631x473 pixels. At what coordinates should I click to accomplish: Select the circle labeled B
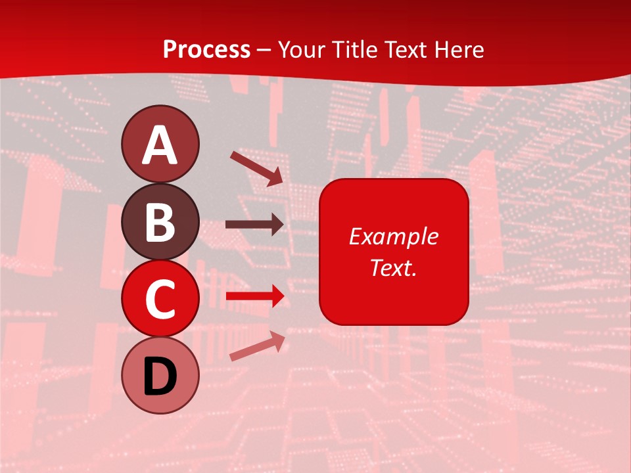[x=160, y=221]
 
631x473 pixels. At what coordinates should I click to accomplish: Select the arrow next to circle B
[x=255, y=225]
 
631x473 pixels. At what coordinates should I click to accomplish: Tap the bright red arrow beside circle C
[x=255, y=296]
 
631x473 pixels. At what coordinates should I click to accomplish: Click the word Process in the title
[x=206, y=49]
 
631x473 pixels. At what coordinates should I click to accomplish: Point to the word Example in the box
[x=393, y=236]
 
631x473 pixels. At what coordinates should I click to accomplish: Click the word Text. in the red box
[x=393, y=267]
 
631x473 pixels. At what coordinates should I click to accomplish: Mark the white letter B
[x=160, y=222]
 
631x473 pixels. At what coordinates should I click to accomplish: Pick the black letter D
[x=160, y=377]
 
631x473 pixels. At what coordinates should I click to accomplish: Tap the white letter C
[x=160, y=299]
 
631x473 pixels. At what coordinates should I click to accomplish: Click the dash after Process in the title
[x=264, y=50]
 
